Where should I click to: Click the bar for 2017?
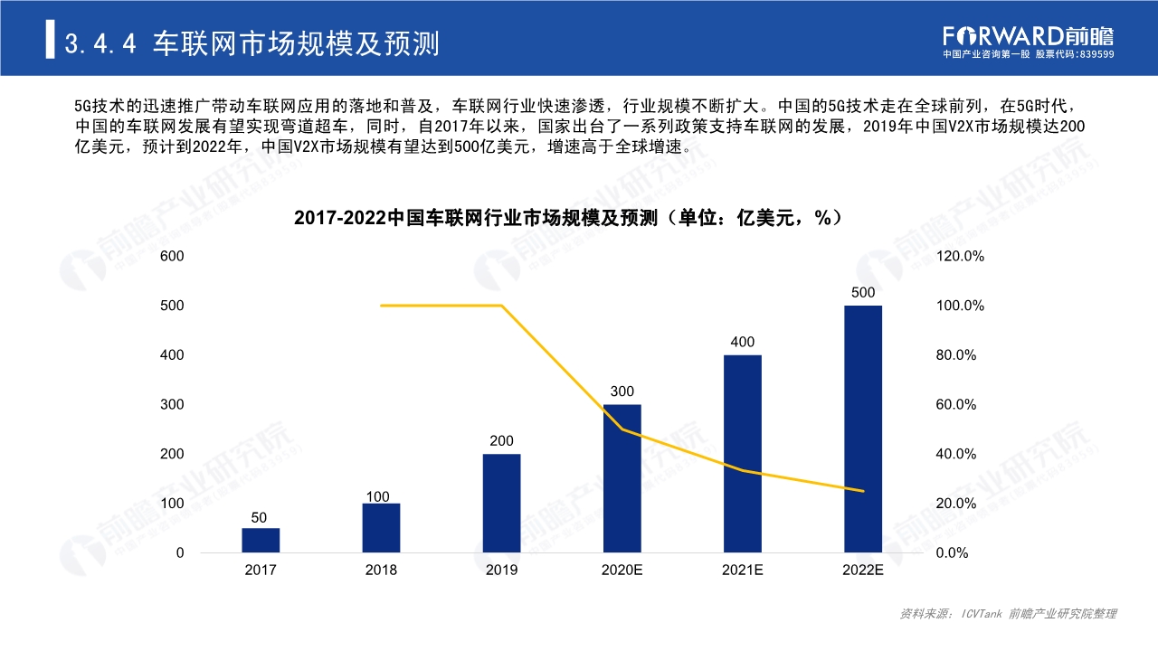[261, 540]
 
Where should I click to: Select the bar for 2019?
[501, 503]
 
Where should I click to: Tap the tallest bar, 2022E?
[863, 429]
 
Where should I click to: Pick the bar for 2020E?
[622, 478]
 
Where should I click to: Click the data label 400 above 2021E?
[743, 342]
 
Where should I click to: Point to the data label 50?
[260, 518]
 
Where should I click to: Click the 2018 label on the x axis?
[381, 571]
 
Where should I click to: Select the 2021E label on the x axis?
[743, 571]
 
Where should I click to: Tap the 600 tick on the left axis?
[172, 257]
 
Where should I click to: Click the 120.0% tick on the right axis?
[960, 257]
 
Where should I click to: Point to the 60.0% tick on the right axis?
[956, 404]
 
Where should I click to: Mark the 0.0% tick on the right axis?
[953, 552]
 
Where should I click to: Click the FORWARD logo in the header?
[1028, 35]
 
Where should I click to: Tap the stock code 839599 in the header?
[1096, 54]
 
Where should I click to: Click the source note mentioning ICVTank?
[1008, 614]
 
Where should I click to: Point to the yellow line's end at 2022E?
[863, 491]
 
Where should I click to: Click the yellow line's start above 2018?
[381, 306]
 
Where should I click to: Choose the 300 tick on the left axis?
[172, 404]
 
